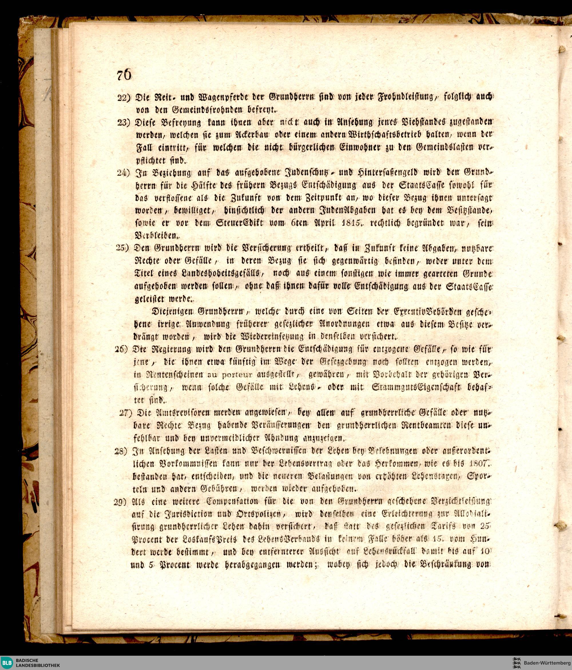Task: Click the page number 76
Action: click(x=124, y=76)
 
